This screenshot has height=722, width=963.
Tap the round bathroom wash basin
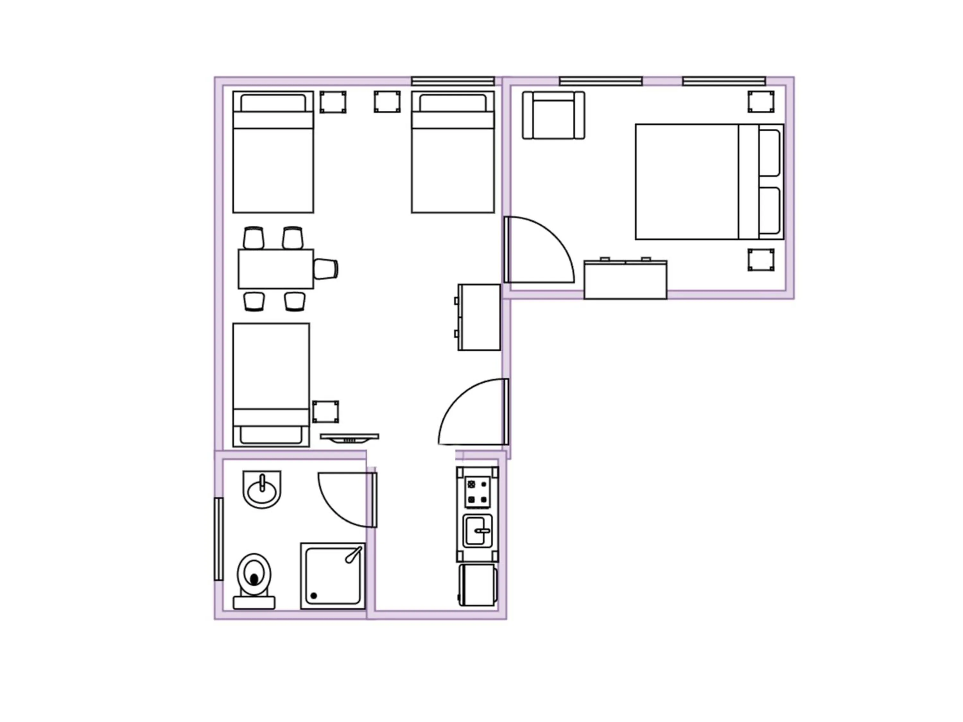click(262, 490)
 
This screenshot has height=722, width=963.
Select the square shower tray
click(333, 576)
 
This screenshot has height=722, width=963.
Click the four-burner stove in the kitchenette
click(477, 492)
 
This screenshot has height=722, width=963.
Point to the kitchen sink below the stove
click(478, 531)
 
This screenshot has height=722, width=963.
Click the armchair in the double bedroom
click(553, 115)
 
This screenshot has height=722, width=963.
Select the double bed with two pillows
click(709, 182)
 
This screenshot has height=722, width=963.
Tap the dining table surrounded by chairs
click(275, 269)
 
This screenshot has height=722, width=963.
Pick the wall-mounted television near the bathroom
click(350, 437)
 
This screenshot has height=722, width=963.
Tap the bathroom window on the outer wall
click(219, 539)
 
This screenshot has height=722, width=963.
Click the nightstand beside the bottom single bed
click(325, 412)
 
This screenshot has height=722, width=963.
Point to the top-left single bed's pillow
click(273, 103)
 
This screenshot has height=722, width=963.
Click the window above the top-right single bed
click(453, 81)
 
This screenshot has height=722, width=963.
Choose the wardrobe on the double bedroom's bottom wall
click(625, 280)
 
